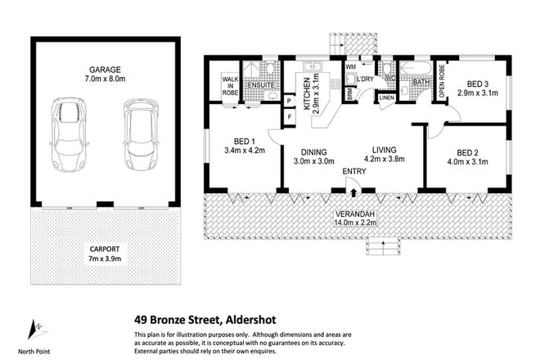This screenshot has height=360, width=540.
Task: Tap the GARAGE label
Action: tap(105, 70)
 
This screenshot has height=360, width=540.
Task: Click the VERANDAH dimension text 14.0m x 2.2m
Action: tap(353, 223)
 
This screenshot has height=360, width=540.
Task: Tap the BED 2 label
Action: tap(467, 152)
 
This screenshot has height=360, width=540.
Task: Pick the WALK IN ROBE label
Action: tap(229, 84)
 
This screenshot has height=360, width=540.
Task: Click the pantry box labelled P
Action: tap(288, 101)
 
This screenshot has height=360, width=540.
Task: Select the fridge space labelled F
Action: tap(288, 117)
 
